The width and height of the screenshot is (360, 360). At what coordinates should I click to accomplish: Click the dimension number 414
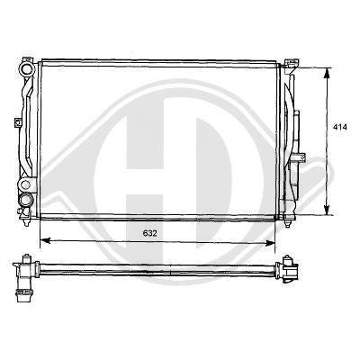click(339, 127)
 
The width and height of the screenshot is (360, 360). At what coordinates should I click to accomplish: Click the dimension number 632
click(149, 233)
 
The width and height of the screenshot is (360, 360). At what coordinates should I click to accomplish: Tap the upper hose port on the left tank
click(26, 69)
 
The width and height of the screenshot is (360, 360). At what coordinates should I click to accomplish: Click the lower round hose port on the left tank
click(25, 199)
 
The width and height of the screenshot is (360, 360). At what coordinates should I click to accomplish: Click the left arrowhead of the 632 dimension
click(45, 240)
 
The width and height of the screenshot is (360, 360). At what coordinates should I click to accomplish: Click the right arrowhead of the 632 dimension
click(270, 243)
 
